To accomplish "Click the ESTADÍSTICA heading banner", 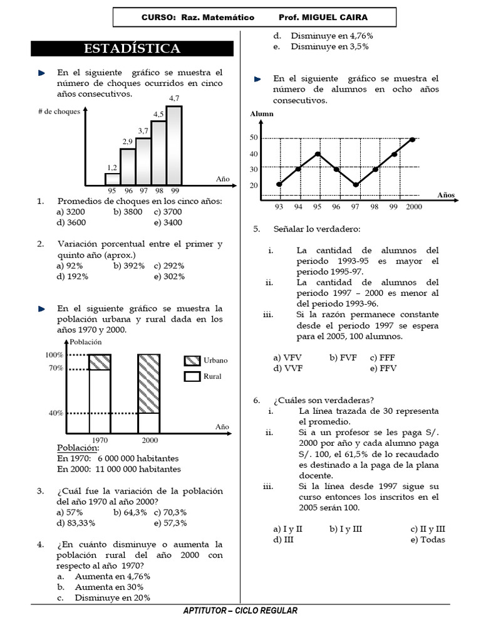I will coord(132,49).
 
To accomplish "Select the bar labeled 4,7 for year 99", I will coord(174,145).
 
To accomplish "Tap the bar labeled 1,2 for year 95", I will coord(113,179).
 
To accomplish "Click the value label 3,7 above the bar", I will coord(143,130).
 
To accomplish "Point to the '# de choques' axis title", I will coord(58,111).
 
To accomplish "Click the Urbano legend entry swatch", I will coord(192,360).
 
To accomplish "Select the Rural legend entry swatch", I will coord(192,377).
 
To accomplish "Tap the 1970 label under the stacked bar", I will coord(100,440).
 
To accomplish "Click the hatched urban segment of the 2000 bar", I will coord(148,383).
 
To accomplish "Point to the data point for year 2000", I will coord(413,139).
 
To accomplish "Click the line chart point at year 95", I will coord(318,154).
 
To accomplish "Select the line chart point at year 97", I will coord(356,184).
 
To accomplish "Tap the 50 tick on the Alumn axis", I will coord(254,138).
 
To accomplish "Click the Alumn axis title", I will coord(262,114).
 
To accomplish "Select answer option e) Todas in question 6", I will coord(428,539).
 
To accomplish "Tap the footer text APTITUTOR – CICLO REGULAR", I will coord(240,611).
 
